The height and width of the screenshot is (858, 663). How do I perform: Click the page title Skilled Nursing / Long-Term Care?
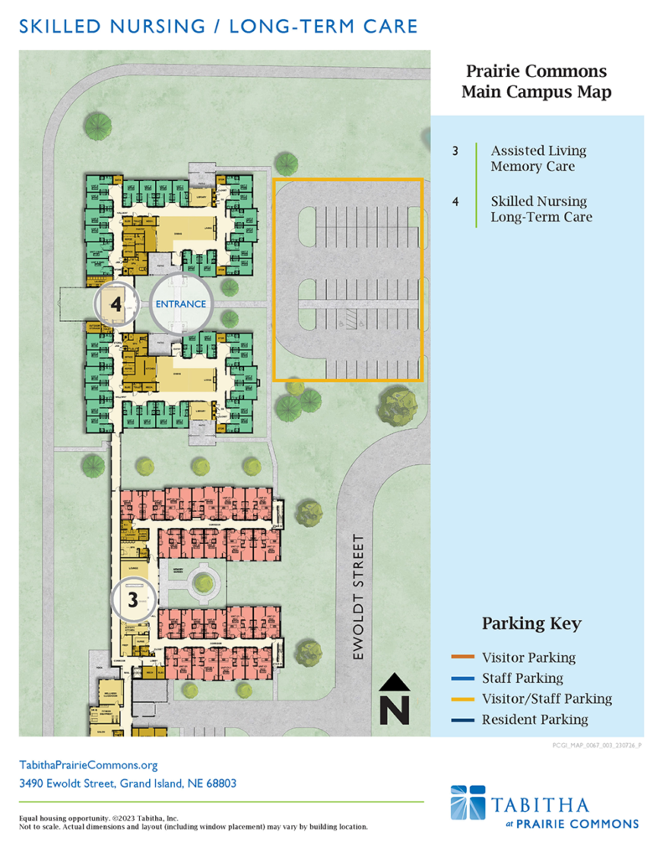[218, 27]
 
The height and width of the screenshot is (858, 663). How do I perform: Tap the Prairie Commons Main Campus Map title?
[536, 82]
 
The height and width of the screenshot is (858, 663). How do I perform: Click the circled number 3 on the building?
[133, 599]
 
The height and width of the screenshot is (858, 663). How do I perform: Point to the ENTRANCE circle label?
[181, 303]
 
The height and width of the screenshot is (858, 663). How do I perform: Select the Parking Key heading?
[531, 624]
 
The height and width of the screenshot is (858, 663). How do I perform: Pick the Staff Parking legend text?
[522, 678]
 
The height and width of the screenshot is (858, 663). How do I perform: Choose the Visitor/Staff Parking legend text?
[546, 699]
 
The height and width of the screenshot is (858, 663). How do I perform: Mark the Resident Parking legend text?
[534, 719]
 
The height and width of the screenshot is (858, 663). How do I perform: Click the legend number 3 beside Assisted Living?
[455, 152]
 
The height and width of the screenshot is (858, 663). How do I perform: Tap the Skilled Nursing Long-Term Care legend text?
[541, 209]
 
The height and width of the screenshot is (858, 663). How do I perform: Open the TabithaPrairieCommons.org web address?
[88, 765]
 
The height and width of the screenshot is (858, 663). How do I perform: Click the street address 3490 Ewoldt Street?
[127, 784]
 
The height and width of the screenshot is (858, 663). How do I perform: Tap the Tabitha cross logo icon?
[468, 802]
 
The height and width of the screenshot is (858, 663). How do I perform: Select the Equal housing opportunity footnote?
[98, 818]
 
